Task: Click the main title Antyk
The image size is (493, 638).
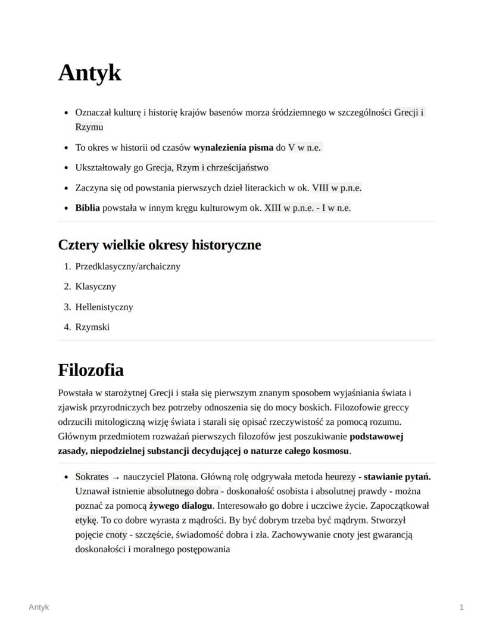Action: [x=89, y=73]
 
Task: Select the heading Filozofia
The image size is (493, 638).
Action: [x=91, y=370]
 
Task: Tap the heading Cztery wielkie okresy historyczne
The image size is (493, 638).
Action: [x=159, y=245]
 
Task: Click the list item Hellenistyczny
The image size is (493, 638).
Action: [x=104, y=307]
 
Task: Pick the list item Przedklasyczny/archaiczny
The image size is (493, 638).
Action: [x=127, y=266]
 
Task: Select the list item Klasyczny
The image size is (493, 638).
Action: [x=95, y=287]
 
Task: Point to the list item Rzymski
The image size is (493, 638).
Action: [x=92, y=327]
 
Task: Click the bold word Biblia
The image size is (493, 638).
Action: [x=88, y=208]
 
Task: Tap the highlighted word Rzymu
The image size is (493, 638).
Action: [x=89, y=127]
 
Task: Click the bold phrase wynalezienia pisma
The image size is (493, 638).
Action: [x=233, y=147]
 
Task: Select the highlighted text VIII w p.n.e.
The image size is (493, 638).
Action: [x=336, y=188]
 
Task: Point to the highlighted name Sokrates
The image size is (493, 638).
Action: [x=92, y=477]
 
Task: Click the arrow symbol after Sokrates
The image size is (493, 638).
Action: [x=116, y=477]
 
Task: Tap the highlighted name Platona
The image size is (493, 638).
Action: [x=181, y=477]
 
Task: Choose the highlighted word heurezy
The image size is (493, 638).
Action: [x=340, y=477]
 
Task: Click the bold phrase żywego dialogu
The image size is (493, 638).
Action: [x=180, y=506]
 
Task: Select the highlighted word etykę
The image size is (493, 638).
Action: [x=86, y=520]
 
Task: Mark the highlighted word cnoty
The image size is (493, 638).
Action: [x=117, y=534]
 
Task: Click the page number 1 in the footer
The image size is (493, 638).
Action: [x=461, y=607]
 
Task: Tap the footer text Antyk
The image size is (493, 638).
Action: [x=39, y=607]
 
